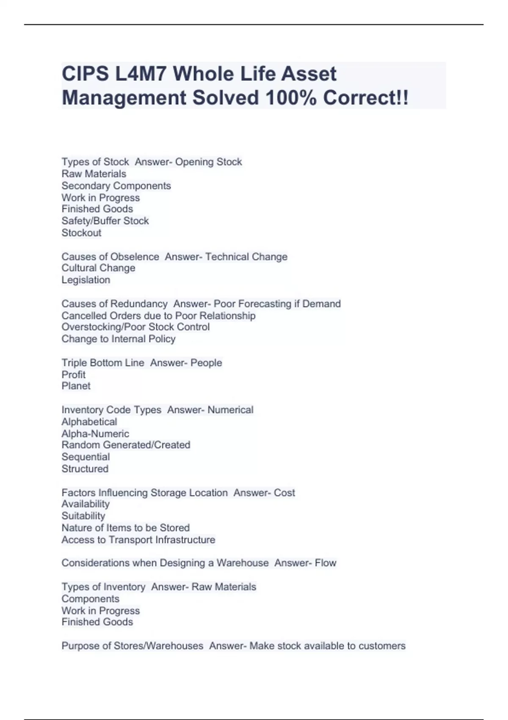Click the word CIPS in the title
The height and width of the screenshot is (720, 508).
[x=85, y=74]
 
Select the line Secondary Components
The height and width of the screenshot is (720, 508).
[x=116, y=186]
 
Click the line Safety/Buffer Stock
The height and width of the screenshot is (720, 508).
[x=105, y=221]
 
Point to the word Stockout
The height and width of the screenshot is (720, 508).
[x=81, y=233]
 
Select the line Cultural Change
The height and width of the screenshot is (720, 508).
[x=98, y=268]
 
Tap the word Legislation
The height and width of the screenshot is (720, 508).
[x=86, y=280]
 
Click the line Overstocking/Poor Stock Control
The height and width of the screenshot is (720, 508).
[x=135, y=327]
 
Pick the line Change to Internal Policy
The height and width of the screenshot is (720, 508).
[x=118, y=339]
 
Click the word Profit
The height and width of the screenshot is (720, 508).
[x=73, y=374]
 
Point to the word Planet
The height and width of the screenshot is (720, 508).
[x=76, y=386]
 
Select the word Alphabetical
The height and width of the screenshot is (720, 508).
[x=89, y=422]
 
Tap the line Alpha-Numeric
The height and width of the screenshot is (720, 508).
[x=95, y=433]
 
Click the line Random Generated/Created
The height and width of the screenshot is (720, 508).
[x=126, y=445]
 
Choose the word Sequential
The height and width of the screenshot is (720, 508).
[x=86, y=457]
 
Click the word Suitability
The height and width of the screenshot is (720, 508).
[x=83, y=516]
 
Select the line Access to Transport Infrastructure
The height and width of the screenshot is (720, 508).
[x=138, y=540]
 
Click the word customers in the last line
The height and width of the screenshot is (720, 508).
[x=382, y=646]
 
